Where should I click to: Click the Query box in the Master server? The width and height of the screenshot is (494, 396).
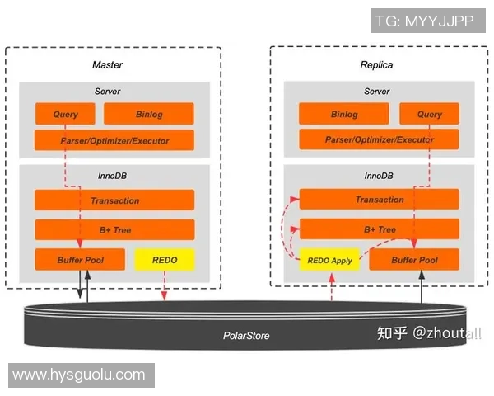coord(65,114)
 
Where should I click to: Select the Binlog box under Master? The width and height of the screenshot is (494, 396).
coord(149,114)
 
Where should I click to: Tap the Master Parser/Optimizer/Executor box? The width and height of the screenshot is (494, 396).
coord(114,140)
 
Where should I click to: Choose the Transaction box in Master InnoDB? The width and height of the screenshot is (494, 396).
coord(114,200)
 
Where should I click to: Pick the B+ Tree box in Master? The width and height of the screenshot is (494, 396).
coord(114,230)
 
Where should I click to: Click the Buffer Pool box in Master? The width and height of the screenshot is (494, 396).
coord(80,260)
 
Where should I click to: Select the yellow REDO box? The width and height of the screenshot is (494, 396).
coord(165,260)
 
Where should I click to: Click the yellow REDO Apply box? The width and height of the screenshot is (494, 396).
coord(329,260)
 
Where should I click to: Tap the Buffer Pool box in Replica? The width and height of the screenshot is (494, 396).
coord(414,260)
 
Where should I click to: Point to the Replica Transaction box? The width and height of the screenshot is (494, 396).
coord(379,200)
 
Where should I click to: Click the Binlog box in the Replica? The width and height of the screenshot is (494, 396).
coord(344,114)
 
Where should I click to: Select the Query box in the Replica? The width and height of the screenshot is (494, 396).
coord(429,114)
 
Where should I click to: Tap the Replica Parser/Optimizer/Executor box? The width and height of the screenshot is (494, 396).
coord(379,139)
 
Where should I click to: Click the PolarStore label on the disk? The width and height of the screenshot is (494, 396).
coord(246,336)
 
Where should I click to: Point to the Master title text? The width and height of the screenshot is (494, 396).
coord(107,64)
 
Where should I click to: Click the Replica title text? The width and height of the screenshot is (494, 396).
coord(376,64)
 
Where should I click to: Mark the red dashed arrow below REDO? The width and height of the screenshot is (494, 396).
coord(165,285)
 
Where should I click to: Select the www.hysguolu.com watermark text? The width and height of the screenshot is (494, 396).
coord(79,375)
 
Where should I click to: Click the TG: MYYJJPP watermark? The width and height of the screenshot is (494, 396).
coord(424,21)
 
